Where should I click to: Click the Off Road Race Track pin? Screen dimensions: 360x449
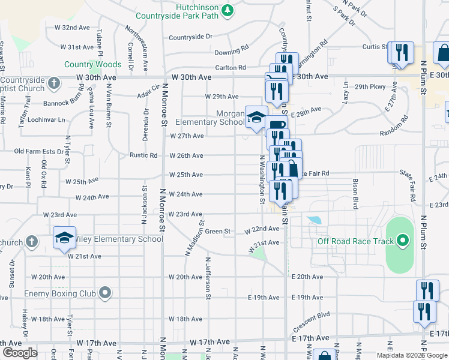click(403, 242)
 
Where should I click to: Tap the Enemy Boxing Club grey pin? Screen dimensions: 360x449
click(106, 293)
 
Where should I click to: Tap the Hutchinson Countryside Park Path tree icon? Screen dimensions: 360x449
click(228, 10)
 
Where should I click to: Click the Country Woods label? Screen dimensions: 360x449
click(93, 64)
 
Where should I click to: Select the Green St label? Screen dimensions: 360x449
click(218, 231)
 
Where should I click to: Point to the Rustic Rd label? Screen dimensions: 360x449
click(143, 155)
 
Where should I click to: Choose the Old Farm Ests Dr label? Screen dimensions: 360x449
click(39, 151)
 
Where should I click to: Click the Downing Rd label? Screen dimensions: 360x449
click(232, 52)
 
